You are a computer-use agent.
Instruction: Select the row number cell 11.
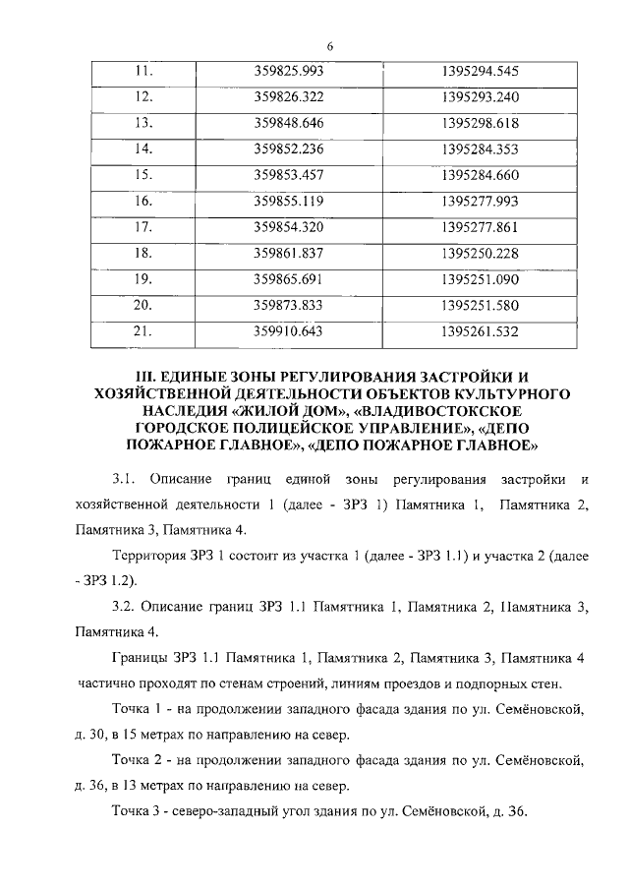pyautogui.click(x=145, y=72)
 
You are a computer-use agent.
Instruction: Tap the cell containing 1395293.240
pyautogui.click(x=481, y=97)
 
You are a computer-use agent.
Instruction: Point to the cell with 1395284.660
pyautogui.click(x=481, y=174)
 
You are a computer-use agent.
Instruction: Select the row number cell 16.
pyautogui.click(x=145, y=201)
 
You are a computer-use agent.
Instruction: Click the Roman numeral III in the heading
pyautogui.click(x=144, y=376)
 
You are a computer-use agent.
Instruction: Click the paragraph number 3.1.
pyautogui.click(x=122, y=479)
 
